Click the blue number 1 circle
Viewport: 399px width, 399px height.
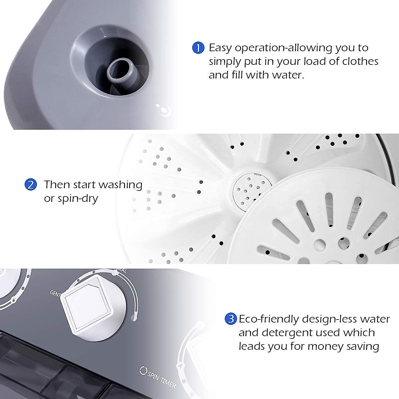tap(198, 48)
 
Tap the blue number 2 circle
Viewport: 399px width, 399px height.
tap(30, 185)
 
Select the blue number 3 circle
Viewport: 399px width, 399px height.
tap(231, 319)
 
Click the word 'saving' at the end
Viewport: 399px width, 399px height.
tap(365, 346)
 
